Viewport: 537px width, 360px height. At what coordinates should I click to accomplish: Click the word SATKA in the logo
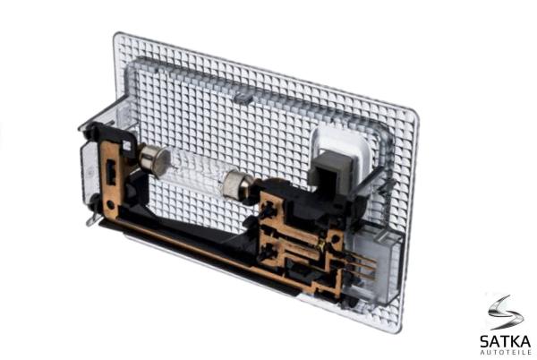coord(505,341)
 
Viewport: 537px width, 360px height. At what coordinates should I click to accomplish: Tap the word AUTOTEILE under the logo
coord(506,352)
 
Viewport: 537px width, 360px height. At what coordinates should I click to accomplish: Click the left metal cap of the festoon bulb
coord(154,159)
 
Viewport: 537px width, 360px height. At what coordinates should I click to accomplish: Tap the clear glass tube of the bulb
coord(196,173)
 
